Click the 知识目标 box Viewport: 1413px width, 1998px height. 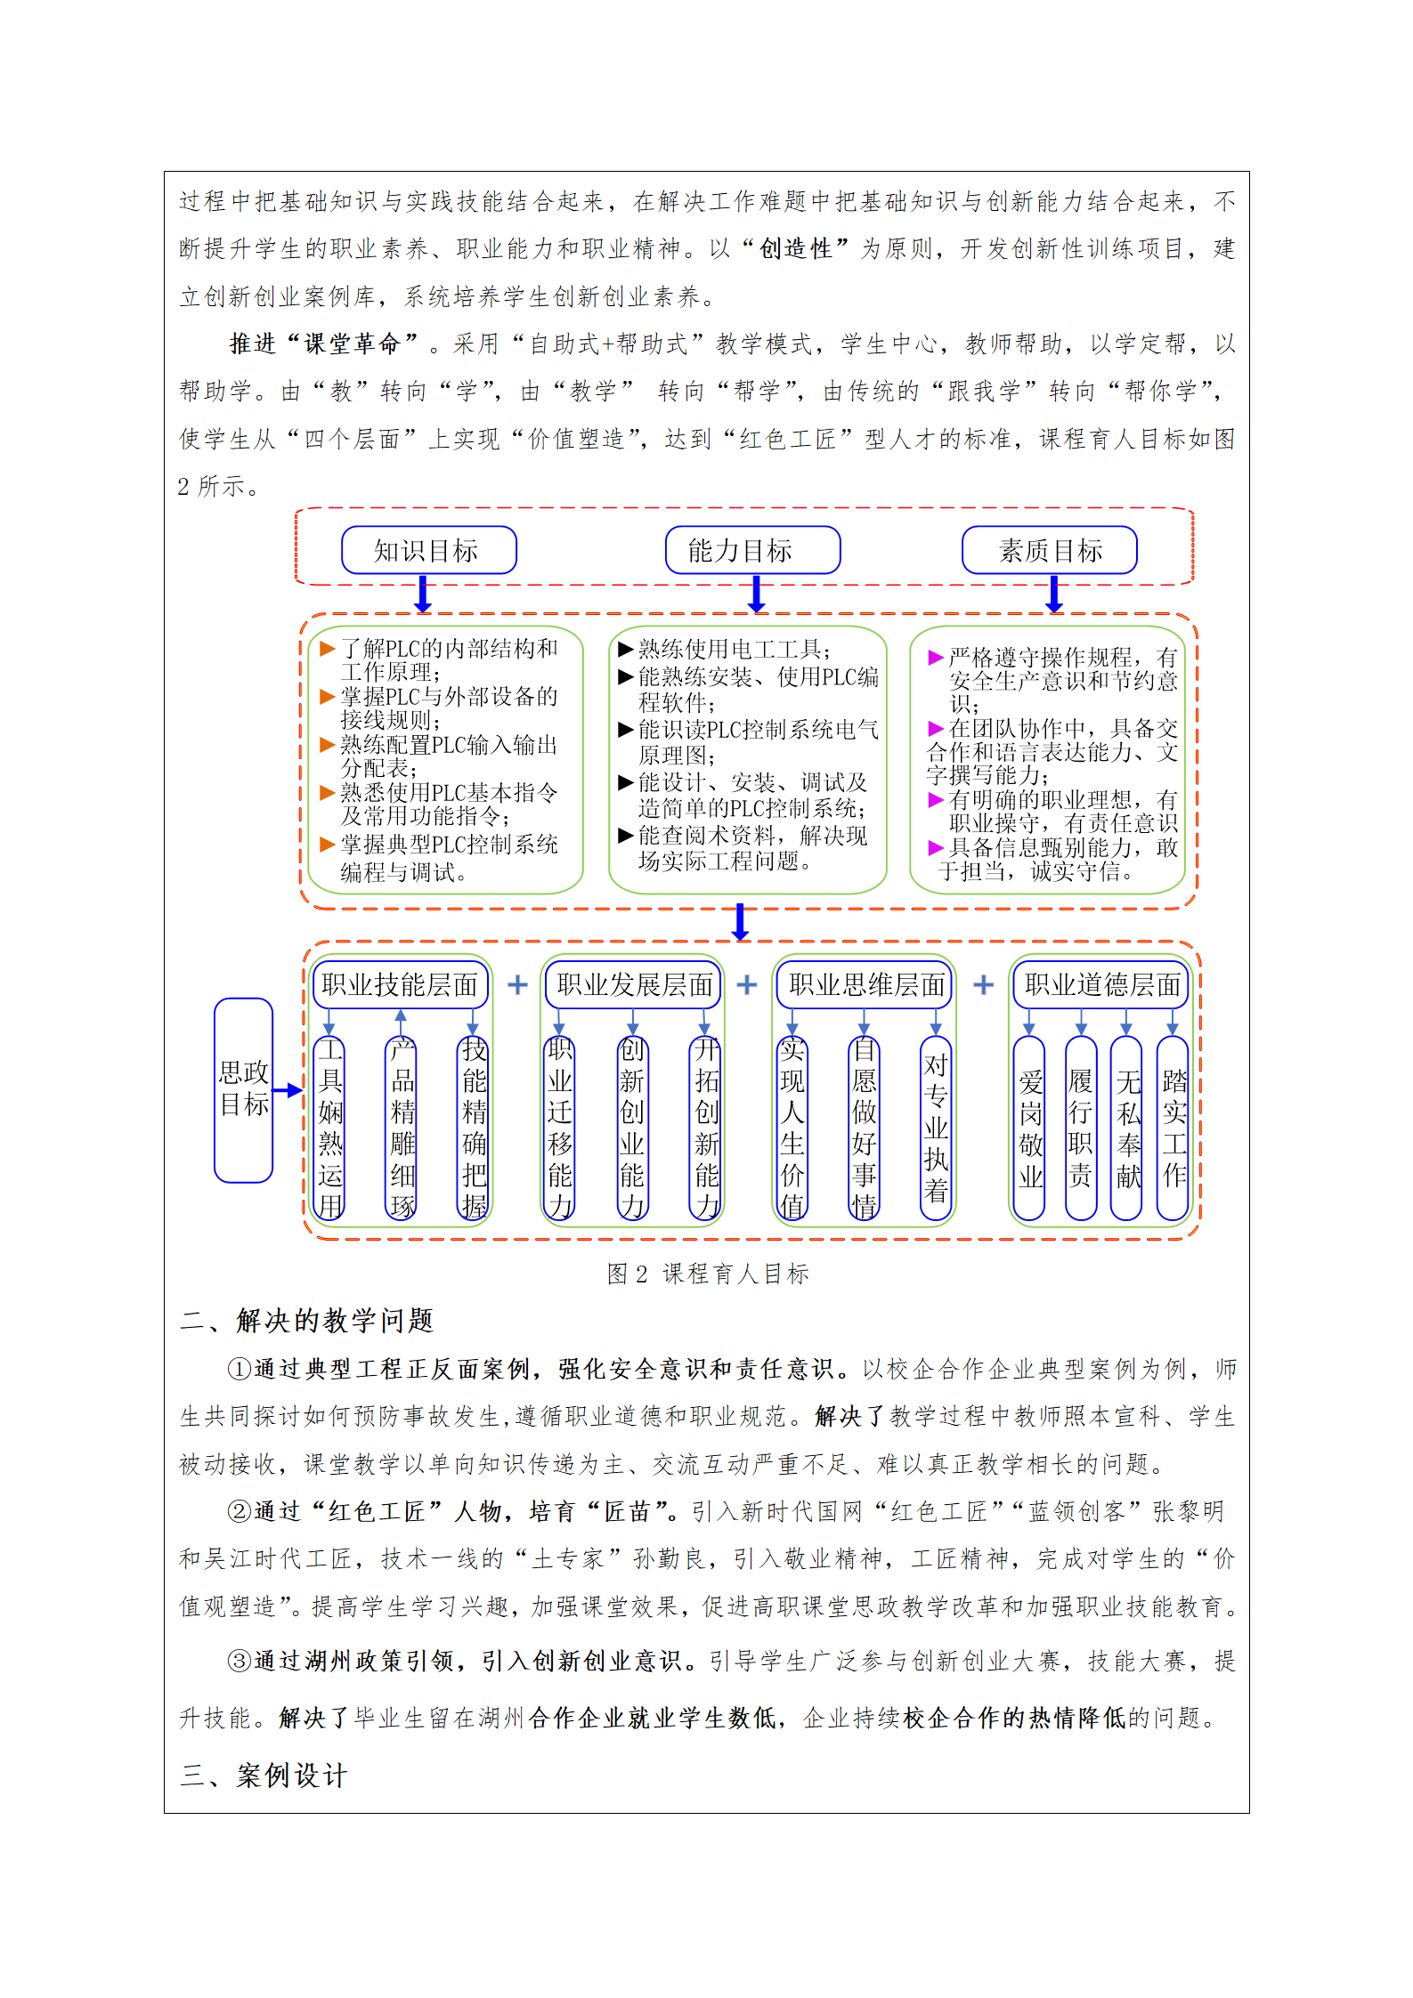(x=428, y=550)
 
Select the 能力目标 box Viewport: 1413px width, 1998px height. (x=752, y=550)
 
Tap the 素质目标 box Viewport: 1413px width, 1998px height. (x=1049, y=550)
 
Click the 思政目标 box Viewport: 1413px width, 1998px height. (x=243, y=1089)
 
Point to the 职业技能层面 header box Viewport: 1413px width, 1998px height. (x=401, y=984)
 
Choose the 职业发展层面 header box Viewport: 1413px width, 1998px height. (x=633, y=984)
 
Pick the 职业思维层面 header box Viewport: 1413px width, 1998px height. (x=865, y=984)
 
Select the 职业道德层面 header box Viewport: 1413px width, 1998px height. (x=1100, y=984)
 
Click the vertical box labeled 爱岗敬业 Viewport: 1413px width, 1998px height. (x=1030, y=1128)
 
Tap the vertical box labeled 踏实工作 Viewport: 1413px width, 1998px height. (x=1173, y=1128)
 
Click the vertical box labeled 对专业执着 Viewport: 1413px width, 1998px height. (x=936, y=1127)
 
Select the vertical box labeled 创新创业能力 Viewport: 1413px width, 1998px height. (x=632, y=1127)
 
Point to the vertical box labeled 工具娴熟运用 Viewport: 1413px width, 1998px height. (x=330, y=1127)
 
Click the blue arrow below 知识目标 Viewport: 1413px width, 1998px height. (x=423, y=594)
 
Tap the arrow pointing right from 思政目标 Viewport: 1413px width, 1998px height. (x=288, y=1090)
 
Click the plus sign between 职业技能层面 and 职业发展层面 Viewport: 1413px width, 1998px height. (x=517, y=984)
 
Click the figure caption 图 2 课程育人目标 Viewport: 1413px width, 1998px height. (x=708, y=1274)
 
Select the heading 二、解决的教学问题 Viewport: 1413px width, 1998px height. (x=307, y=1321)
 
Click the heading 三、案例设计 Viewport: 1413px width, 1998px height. (x=264, y=1776)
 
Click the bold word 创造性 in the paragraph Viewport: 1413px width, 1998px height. (x=795, y=249)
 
